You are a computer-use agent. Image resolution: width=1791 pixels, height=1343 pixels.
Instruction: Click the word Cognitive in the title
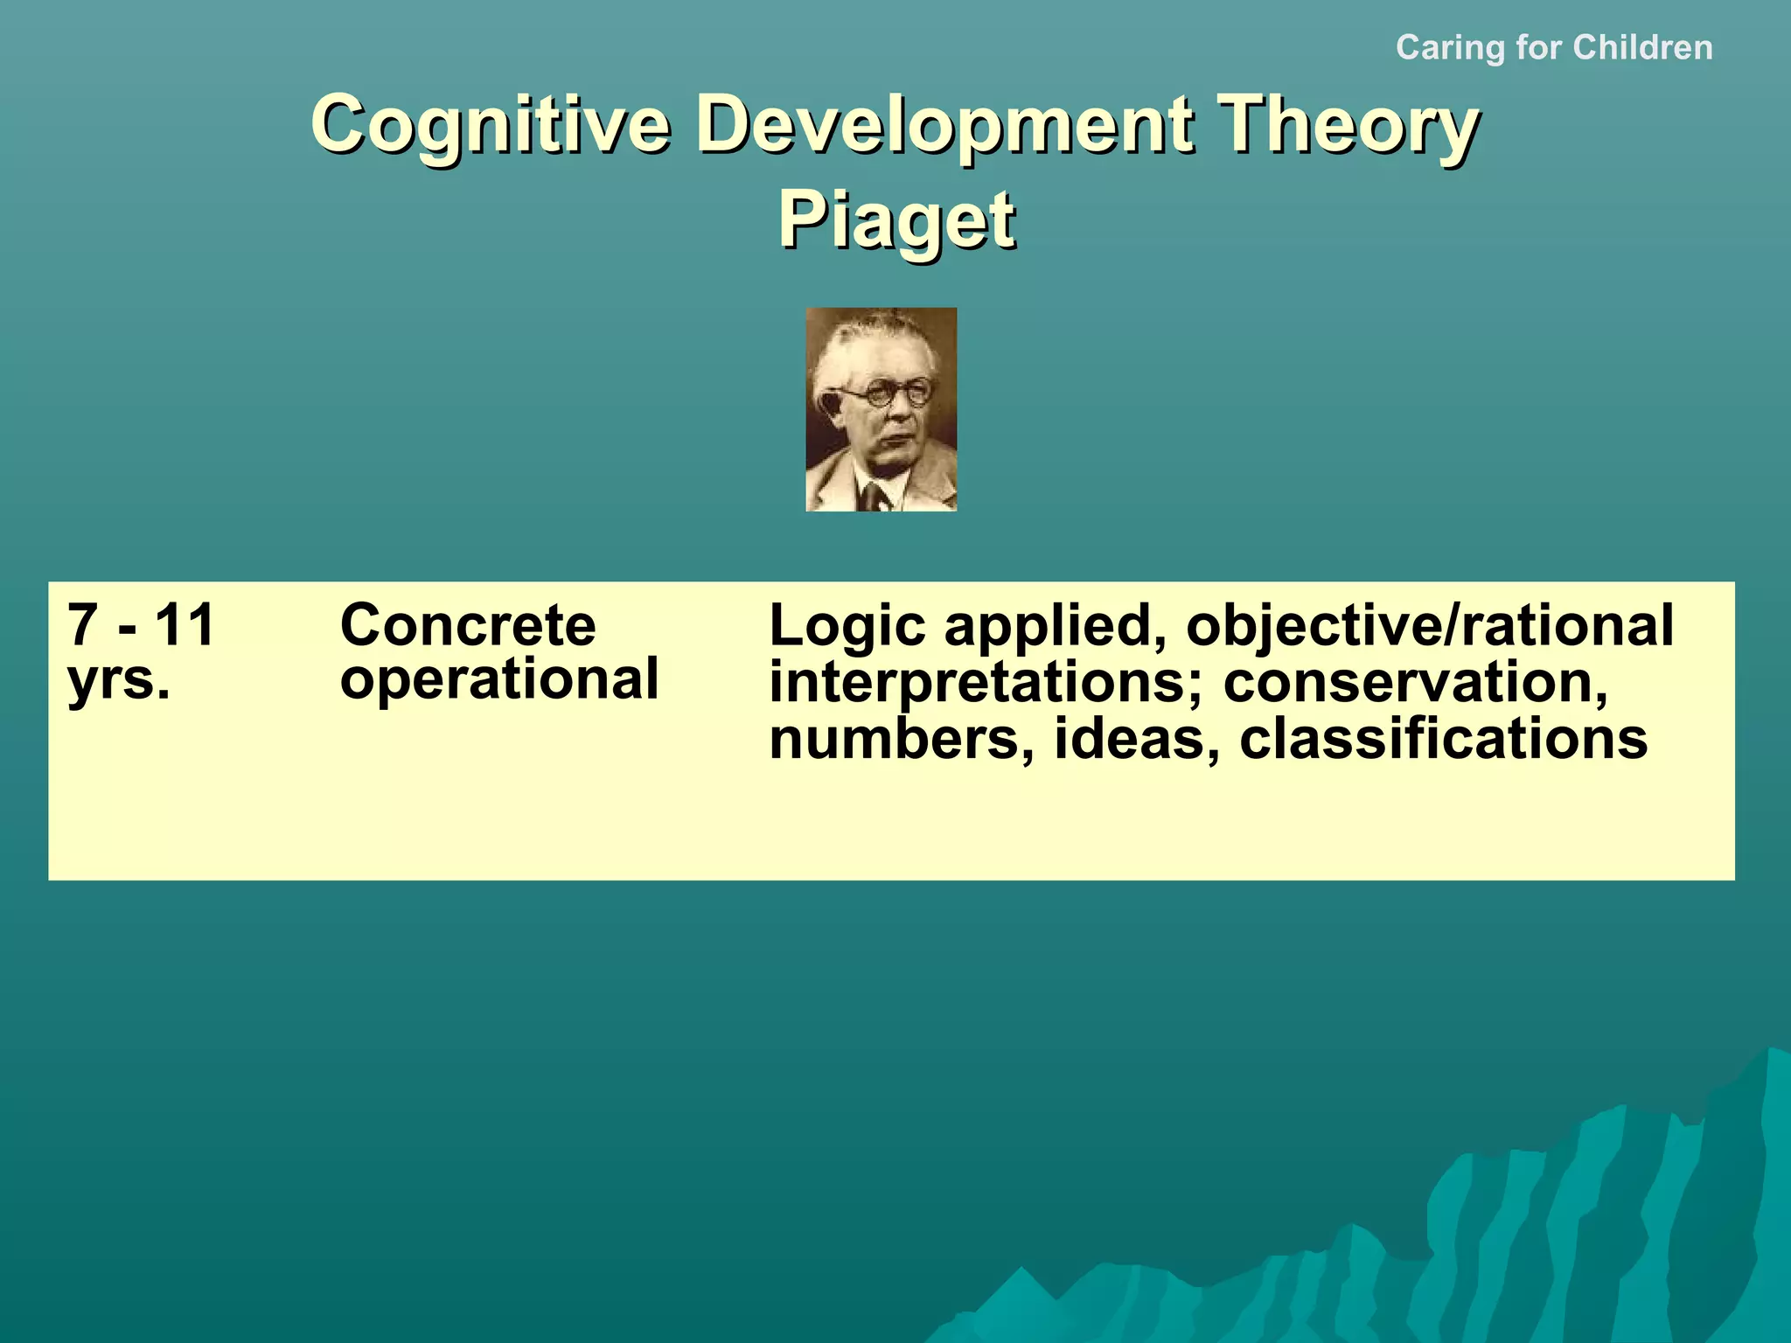(490, 124)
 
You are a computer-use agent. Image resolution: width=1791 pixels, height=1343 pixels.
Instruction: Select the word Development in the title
(944, 124)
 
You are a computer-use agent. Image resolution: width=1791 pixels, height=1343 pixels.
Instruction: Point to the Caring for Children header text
(1554, 47)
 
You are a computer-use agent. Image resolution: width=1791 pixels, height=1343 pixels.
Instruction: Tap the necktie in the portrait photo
(873, 496)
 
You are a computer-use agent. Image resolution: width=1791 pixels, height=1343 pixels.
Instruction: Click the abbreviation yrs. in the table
(119, 679)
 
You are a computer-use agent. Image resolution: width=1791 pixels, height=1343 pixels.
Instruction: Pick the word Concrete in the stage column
(468, 625)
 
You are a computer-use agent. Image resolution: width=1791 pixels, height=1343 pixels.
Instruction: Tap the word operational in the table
(498, 679)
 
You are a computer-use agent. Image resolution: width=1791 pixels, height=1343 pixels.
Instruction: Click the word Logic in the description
(847, 627)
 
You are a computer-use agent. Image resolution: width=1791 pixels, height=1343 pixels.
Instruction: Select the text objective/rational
(1429, 627)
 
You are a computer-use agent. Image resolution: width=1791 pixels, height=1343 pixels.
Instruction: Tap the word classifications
(1443, 739)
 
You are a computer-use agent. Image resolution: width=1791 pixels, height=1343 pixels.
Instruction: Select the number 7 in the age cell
(82, 625)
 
